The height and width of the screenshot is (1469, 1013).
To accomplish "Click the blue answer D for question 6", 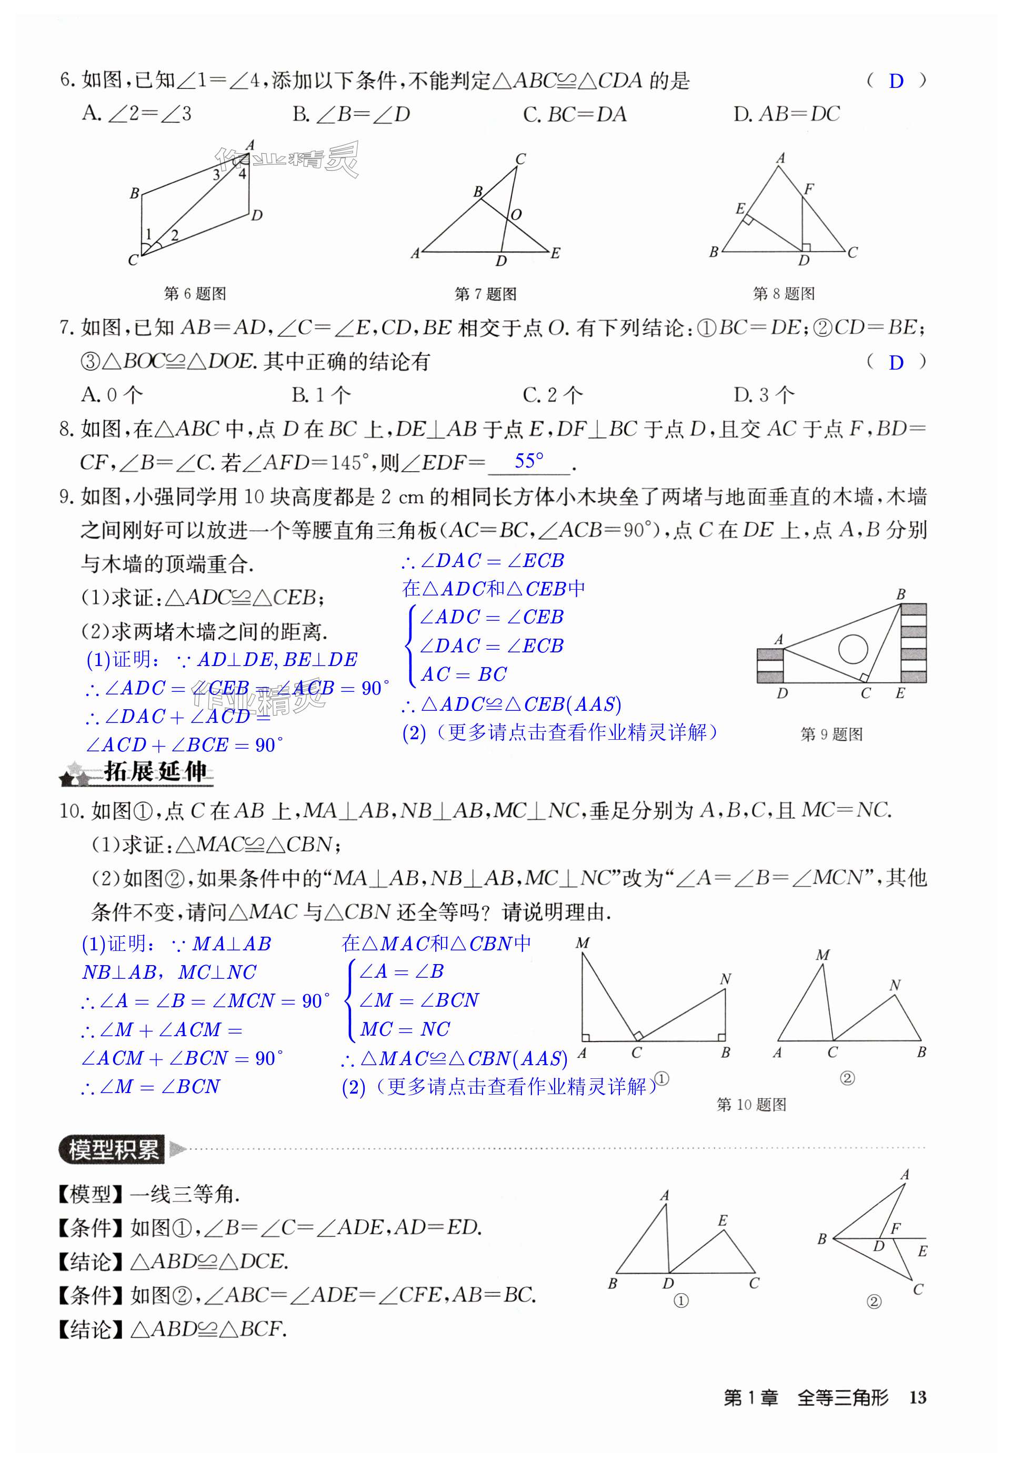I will click(896, 81).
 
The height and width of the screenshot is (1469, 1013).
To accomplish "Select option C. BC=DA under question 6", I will click(575, 114).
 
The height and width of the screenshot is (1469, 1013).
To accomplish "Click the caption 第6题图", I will click(195, 293).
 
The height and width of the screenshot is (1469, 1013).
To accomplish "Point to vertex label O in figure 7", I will click(516, 215).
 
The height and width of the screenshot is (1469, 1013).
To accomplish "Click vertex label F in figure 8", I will click(809, 188).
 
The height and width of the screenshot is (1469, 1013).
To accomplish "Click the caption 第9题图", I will click(831, 734).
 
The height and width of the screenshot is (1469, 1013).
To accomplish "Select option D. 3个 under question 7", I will click(764, 395).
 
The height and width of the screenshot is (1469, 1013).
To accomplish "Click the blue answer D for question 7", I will click(896, 363).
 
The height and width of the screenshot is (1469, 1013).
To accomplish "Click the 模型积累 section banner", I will click(112, 1149).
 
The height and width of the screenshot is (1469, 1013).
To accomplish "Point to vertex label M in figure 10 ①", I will click(582, 944).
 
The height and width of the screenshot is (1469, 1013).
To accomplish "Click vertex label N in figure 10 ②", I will click(895, 985).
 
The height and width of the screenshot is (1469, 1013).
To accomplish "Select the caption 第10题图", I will click(751, 1105).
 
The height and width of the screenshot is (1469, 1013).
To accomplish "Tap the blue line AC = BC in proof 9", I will click(463, 674).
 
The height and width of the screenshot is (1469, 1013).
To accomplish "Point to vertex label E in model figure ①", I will click(723, 1220).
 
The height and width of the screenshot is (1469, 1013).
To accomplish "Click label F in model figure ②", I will click(895, 1228).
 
